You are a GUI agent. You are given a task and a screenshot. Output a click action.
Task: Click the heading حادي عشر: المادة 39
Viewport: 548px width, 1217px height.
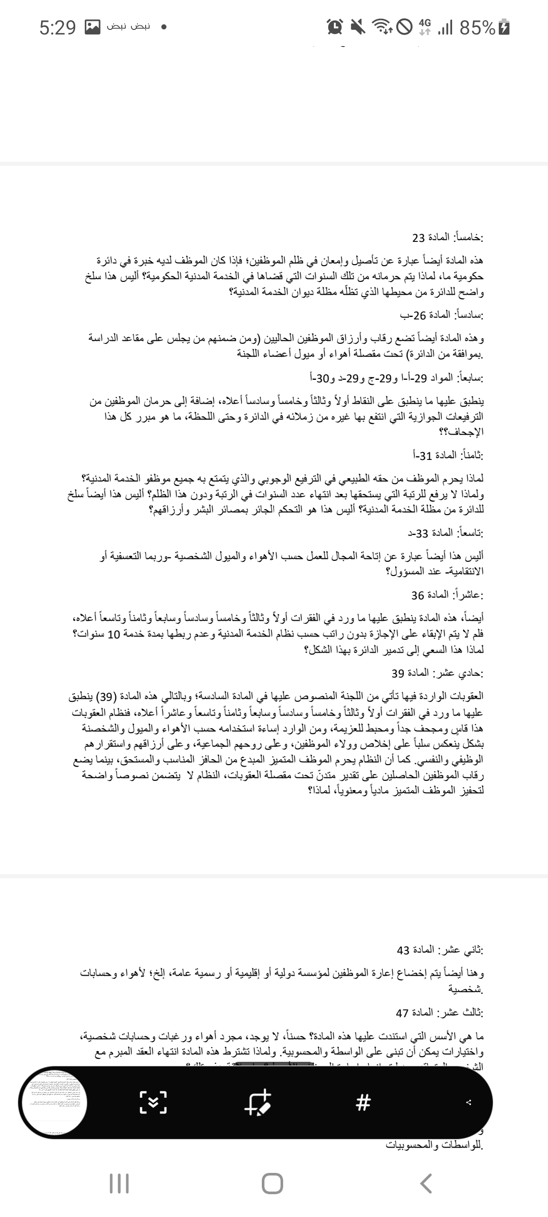click(x=437, y=673)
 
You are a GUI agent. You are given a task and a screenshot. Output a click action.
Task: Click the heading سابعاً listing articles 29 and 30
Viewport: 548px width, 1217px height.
click(x=396, y=378)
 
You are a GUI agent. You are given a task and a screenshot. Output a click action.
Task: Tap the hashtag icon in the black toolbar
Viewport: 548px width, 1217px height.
click(x=363, y=1102)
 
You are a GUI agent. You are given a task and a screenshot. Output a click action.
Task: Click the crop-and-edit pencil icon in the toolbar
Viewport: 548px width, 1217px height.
click(x=258, y=1102)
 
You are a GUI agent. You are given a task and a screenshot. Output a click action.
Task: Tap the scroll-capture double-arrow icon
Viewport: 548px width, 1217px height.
click(x=153, y=1102)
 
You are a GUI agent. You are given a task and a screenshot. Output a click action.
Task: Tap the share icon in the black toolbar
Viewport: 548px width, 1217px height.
click(x=469, y=1102)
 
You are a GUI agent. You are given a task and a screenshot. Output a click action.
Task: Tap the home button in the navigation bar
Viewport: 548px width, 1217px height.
click(x=273, y=1183)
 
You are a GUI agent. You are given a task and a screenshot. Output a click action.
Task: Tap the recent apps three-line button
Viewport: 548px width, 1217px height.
click(x=119, y=1183)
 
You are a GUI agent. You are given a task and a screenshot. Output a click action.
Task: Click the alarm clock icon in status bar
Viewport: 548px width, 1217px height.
click(x=335, y=27)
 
